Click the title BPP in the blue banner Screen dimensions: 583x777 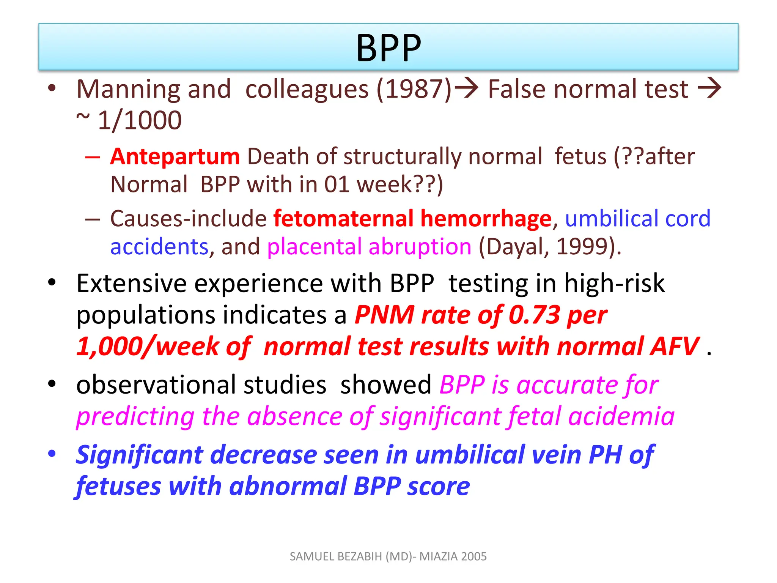pyautogui.click(x=388, y=48)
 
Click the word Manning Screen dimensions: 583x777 pyautogui.click(x=127, y=89)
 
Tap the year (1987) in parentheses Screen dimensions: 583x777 pyautogui.click(x=414, y=89)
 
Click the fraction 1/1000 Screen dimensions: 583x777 pyautogui.click(x=140, y=121)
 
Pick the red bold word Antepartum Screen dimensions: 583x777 pyautogui.click(x=175, y=156)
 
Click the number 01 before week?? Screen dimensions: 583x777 pyautogui.click(x=337, y=185)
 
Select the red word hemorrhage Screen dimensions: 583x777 pyautogui.click(x=486, y=219)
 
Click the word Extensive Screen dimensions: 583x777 pyautogui.click(x=132, y=284)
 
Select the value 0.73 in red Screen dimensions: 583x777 pyautogui.click(x=534, y=315)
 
